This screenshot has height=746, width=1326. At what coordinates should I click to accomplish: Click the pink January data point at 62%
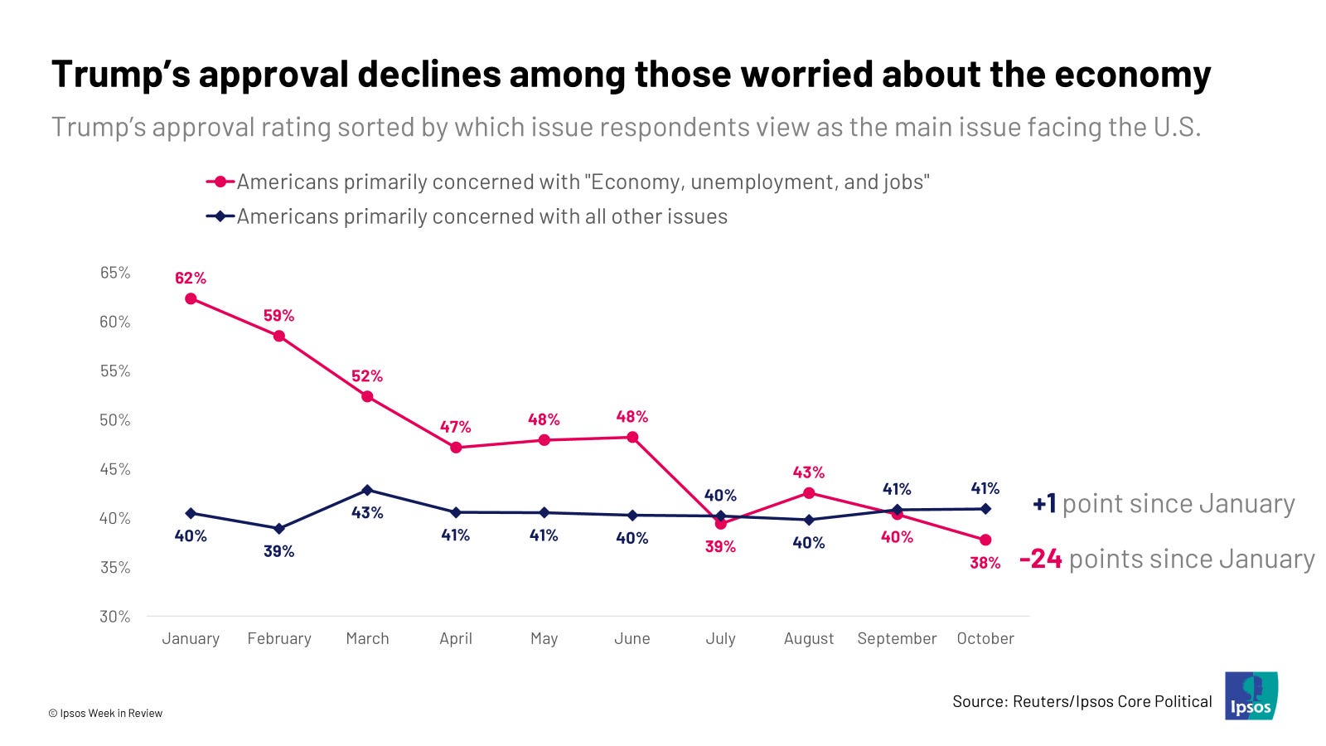tap(191, 298)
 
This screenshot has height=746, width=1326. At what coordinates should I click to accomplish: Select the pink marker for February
tap(279, 336)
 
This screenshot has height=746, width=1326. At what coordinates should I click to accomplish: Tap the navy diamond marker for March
tap(367, 490)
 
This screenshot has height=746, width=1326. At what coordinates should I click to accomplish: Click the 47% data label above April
tap(455, 427)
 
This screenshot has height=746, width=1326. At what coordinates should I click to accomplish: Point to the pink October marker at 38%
tap(985, 540)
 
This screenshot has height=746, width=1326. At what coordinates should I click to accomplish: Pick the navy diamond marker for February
tap(279, 528)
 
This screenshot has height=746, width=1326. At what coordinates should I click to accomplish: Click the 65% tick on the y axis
tap(115, 273)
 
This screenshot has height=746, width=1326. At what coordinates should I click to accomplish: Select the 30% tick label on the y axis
tap(115, 616)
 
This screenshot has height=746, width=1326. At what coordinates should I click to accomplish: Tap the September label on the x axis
tap(897, 638)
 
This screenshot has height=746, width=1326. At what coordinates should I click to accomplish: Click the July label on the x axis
tap(720, 638)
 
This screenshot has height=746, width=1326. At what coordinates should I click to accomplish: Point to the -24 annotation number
tap(1041, 559)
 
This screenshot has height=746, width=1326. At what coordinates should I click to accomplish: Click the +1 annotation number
tap(1044, 503)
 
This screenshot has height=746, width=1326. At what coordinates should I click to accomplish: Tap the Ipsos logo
tap(1251, 696)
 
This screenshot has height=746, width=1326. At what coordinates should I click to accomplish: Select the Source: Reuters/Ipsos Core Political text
tap(1082, 701)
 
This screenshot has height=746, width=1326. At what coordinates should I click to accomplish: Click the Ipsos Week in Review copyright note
tap(105, 713)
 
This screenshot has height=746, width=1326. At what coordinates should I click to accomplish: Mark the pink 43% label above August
tap(809, 472)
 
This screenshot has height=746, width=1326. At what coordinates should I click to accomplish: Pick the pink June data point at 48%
tap(632, 437)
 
